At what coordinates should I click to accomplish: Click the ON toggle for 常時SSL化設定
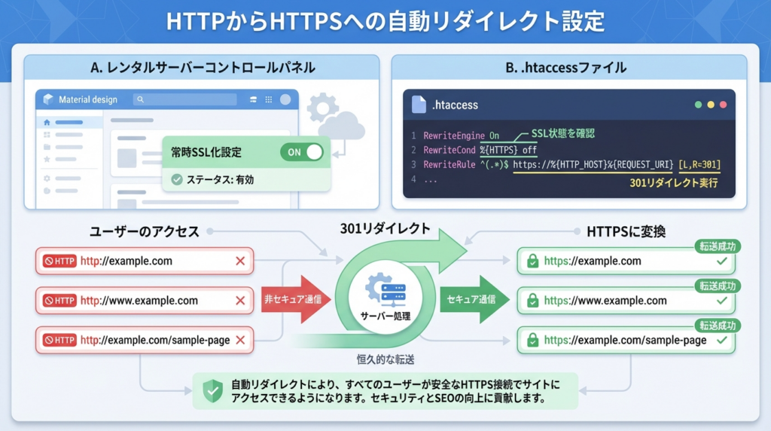(x=301, y=151)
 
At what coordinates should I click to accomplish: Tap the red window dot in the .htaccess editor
(x=723, y=105)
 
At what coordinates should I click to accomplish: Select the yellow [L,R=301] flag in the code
(x=699, y=164)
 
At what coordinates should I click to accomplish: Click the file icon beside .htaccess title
(x=419, y=105)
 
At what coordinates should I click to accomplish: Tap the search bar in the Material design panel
(x=184, y=99)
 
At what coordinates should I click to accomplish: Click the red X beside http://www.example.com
(x=240, y=301)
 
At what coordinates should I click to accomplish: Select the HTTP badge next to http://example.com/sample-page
(x=60, y=340)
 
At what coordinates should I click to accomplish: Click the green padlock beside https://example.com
(x=532, y=261)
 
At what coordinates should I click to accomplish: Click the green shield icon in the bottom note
(x=213, y=390)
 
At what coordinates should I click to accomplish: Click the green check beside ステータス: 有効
(x=177, y=179)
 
